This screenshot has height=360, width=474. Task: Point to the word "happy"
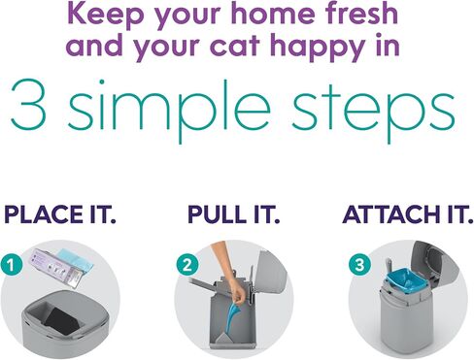tap(319, 48)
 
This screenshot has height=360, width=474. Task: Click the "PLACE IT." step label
tap(60, 214)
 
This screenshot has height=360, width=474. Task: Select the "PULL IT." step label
tap(233, 214)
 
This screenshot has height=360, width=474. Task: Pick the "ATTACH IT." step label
tap(408, 214)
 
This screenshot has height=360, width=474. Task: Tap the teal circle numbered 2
tap(187, 266)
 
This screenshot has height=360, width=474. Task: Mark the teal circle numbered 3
tap(359, 265)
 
